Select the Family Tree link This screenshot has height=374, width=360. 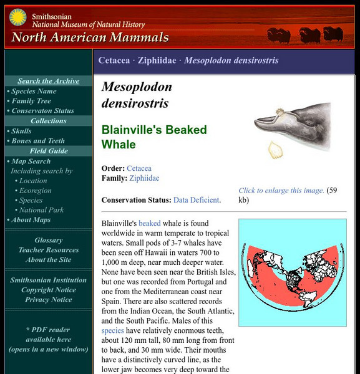[x=31, y=101]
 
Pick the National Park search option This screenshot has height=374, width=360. [x=41, y=210]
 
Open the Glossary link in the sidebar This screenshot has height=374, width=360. [x=49, y=240]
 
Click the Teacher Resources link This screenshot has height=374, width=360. [x=49, y=250]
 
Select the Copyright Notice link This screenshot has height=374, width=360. [x=49, y=290]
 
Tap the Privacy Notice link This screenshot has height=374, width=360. [x=49, y=300]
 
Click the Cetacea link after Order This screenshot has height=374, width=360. [x=139, y=168]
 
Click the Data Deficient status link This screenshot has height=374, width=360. [x=197, y=200]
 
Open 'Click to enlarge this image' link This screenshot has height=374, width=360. [x=281, y=191]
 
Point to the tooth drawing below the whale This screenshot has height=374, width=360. [x=275, y=150]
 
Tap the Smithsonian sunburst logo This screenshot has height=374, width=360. [x=17, y=18]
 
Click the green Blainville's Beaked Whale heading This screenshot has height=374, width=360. [x=154, y=138]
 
